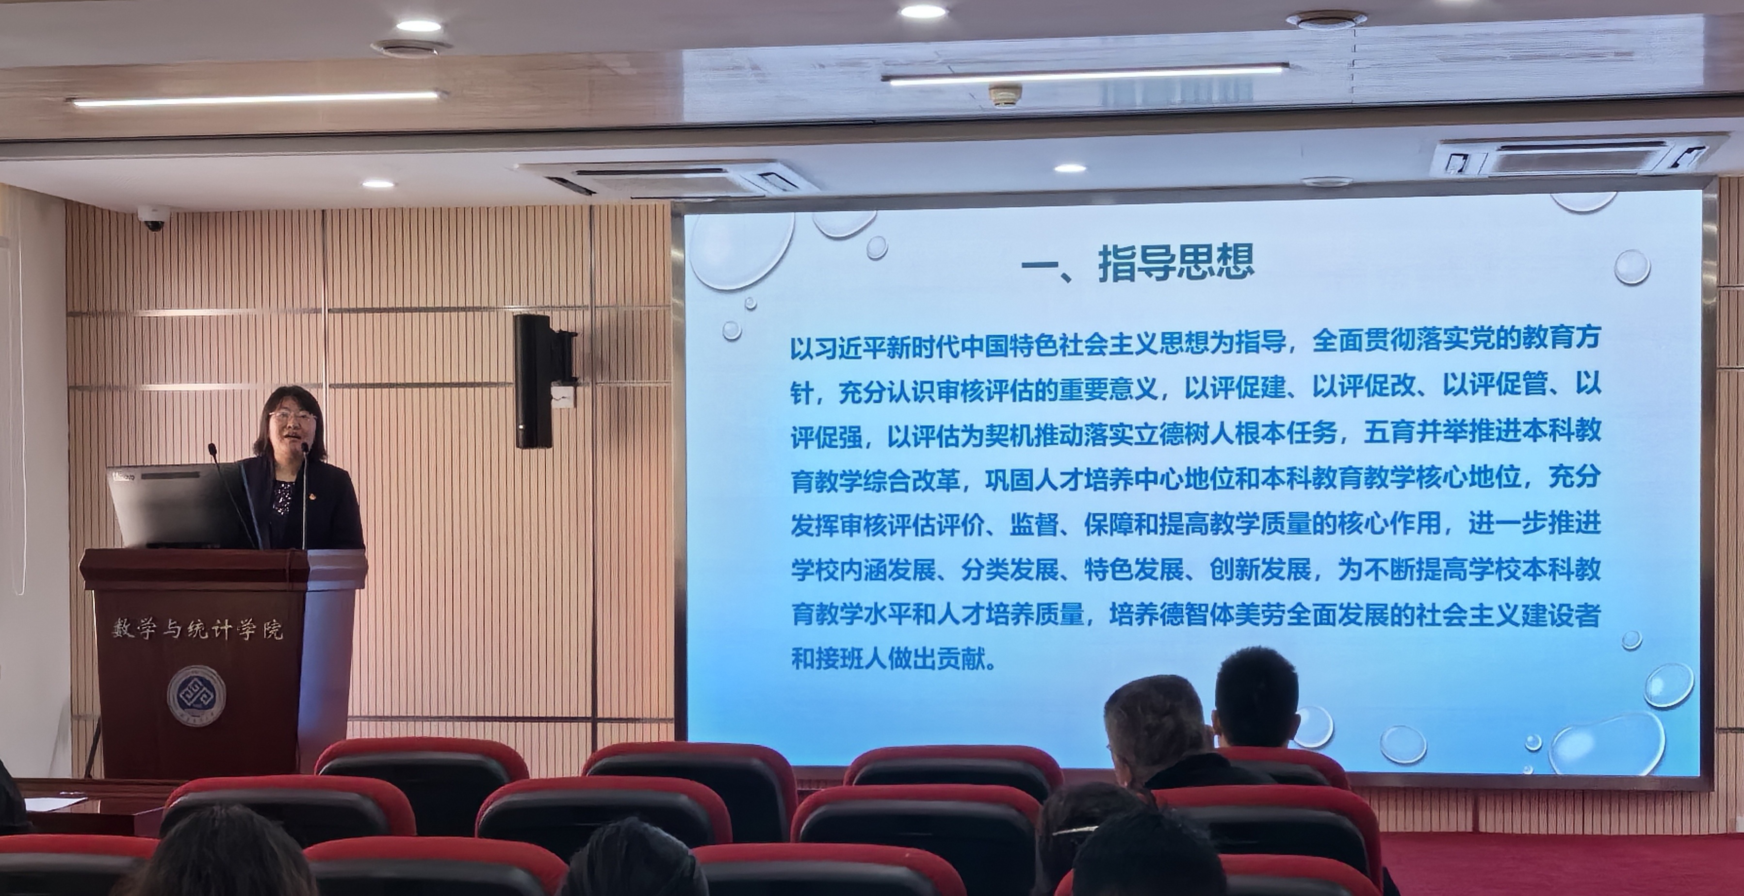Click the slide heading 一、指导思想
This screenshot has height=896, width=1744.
tap(1138, 263)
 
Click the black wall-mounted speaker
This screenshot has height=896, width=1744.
tap(534, 381)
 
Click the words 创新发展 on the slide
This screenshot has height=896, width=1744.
tap(1260, 569)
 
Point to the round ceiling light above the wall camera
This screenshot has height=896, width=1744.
tap(378, 183)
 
